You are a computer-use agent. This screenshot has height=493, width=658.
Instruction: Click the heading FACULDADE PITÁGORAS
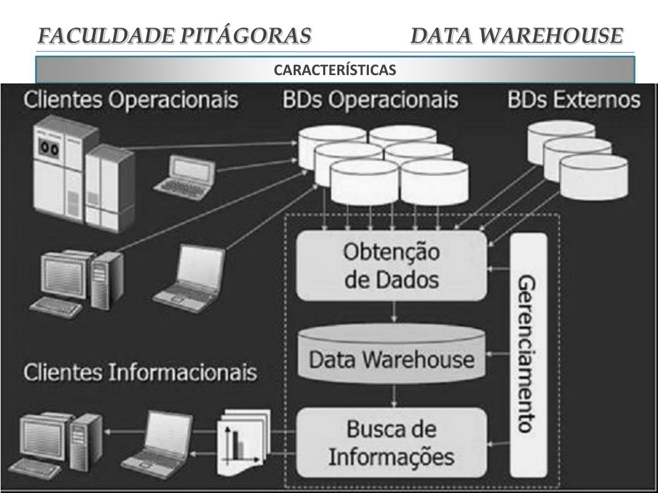coord(174,35)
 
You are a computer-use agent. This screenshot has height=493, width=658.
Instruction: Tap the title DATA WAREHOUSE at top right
coord(517,35)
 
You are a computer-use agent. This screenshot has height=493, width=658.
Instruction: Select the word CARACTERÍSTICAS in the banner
coord(335,69)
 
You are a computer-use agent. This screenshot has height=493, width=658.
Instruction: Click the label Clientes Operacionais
coord(131,100)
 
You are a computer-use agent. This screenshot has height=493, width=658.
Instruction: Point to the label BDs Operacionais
coord(370,100)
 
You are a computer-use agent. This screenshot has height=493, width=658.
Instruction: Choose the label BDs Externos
coord(574,100)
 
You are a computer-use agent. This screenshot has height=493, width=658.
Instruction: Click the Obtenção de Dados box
coord(391,265)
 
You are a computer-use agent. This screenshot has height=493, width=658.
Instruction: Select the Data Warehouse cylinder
coord(391,357)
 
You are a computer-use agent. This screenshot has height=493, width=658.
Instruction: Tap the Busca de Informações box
coord(391,442)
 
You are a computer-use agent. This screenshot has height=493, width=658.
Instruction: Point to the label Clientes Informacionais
coord(140,373)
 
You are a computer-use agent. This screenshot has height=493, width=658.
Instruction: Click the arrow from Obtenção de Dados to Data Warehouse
coord(393,313)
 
